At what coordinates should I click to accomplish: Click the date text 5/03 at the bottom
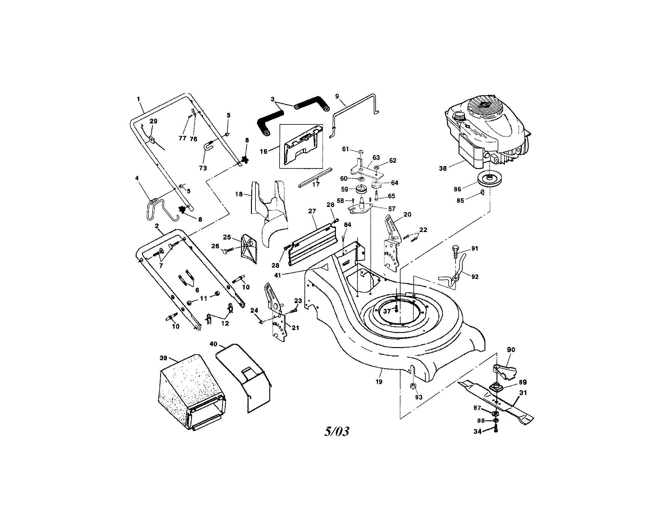pos(336,431)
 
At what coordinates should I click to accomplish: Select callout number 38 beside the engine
pos(443,168)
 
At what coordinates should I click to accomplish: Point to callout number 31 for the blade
pos(523,393)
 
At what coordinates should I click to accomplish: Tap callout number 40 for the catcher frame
pos(213,344)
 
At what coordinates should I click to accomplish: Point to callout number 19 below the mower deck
pos(379,382)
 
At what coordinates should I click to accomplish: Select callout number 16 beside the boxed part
pos(263,151)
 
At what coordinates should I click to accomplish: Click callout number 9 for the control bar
pos(337,96)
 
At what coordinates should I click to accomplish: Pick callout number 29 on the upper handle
pos(153,121)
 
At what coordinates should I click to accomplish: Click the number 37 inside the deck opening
pos(387,311)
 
